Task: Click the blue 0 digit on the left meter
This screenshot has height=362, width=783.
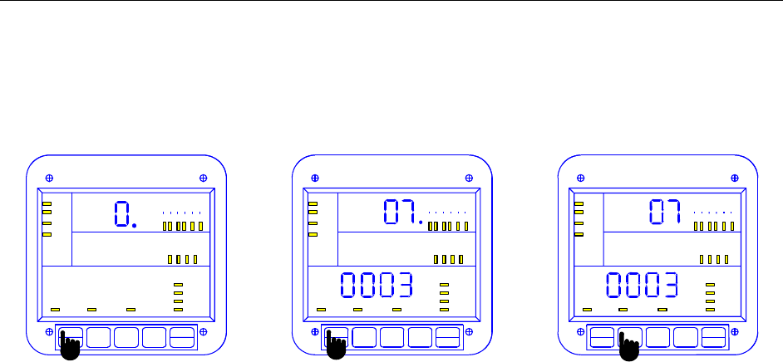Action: [x=121, y=215]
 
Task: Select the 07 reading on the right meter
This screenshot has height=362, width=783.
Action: [x=663, y=213]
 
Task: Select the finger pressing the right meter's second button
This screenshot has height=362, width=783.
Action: [x=630, y=346]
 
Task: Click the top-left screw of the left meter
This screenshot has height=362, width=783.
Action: [x=50, y=178]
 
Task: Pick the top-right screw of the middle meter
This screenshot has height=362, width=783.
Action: [x=469, y=178]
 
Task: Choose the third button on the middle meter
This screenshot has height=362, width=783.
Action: [x=393, y=337]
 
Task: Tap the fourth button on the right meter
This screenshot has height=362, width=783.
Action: [x=686, y=337]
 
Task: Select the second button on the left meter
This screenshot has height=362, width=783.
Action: [x=99, y=337]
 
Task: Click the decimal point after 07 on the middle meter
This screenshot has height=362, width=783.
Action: [x=421, y=223]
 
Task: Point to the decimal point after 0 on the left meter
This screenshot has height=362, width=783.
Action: [x=134, y=224]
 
